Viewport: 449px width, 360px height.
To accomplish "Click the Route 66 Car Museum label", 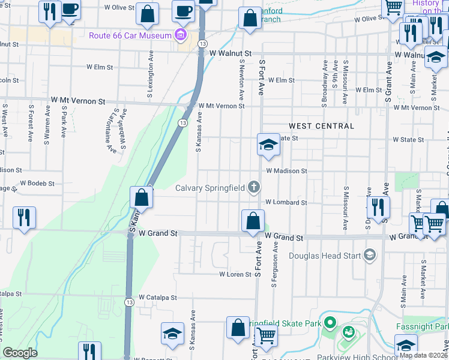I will [x=130, y=35].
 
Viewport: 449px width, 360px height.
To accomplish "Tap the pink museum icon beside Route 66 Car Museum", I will [x=179, y=35].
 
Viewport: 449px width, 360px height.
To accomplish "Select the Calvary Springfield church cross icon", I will [x=254, y=188].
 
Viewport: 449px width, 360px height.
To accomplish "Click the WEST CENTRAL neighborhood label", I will [x=321, y=126].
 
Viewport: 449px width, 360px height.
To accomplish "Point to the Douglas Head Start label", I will [x=325, y=256].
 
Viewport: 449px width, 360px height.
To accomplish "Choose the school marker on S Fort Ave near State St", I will [x=269, y=144].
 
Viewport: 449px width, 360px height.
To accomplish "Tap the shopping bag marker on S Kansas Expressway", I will [x=141, y=197].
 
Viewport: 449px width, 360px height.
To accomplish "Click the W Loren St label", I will [x=234, y=274].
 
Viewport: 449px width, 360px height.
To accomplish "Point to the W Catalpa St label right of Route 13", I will [x=157, y=297].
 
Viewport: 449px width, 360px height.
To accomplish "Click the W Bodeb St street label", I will [x=37, y=183].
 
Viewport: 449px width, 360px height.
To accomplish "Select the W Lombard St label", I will [x=286, y=203].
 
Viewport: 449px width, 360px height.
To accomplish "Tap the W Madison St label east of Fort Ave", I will [x=287, y=170].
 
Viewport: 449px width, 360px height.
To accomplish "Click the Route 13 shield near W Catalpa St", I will [x=128, y=302].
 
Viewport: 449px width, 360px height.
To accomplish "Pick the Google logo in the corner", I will [x=20, y=353].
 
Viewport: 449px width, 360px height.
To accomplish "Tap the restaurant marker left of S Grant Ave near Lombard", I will [x=378, y=207].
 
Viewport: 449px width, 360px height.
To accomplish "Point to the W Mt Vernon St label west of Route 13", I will [x=78, y=101].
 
